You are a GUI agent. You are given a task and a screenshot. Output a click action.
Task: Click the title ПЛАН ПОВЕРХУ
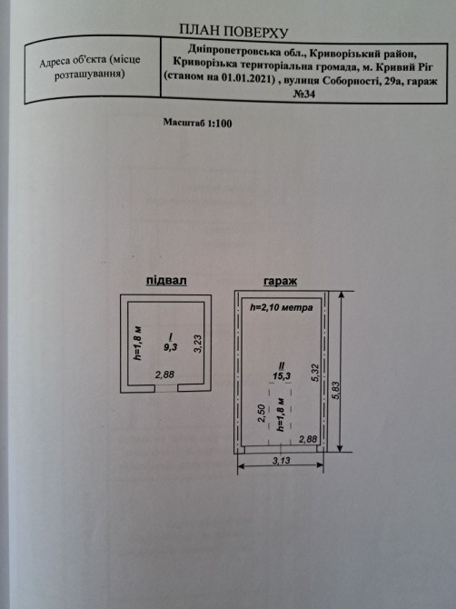(x=233, y=31)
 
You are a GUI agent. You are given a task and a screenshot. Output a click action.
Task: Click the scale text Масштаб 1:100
(x=197, y=123)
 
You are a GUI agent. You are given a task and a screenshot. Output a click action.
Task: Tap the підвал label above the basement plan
(x=166, y=281)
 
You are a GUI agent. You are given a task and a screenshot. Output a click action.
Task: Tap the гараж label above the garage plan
(x=280, y=281)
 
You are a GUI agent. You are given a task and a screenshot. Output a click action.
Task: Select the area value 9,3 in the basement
(x=171, y=347)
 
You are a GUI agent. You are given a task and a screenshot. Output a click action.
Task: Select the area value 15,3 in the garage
(x=282, y=375)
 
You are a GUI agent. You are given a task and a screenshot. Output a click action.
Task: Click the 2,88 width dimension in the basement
(x=165, y=374)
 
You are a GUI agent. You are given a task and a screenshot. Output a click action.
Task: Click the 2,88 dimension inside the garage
(x=309, y=439)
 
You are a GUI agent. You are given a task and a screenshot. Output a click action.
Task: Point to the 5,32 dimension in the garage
(x=315, y=372)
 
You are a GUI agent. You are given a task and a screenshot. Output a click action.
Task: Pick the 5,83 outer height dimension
(x=336, y=390)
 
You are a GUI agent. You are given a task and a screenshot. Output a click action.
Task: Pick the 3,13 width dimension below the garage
(x=282, y=461)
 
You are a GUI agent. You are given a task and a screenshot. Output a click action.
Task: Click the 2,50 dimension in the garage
(x=262, y=414)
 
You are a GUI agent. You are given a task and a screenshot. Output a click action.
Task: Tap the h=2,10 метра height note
(x=281, y=307)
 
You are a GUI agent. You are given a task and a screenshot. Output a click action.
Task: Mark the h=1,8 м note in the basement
(x=137, y=343)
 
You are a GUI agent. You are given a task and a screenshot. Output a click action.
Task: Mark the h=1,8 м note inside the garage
(x=281, y=414)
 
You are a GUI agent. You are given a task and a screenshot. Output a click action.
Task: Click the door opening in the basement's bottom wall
(x=166, y=388)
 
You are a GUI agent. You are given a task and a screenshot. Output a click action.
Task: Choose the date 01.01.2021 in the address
(x=247, y=77)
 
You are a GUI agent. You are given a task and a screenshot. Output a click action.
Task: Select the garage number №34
(x=303, y=94)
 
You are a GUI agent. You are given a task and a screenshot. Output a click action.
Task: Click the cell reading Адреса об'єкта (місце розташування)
(x=90, y=67)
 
